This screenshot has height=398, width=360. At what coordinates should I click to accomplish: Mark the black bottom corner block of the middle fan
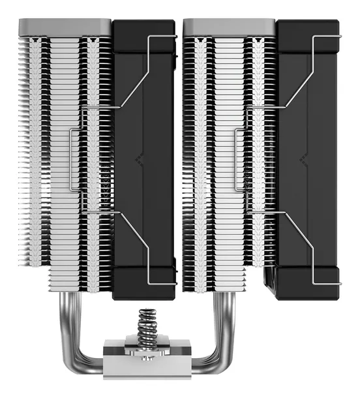click(144, 284)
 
